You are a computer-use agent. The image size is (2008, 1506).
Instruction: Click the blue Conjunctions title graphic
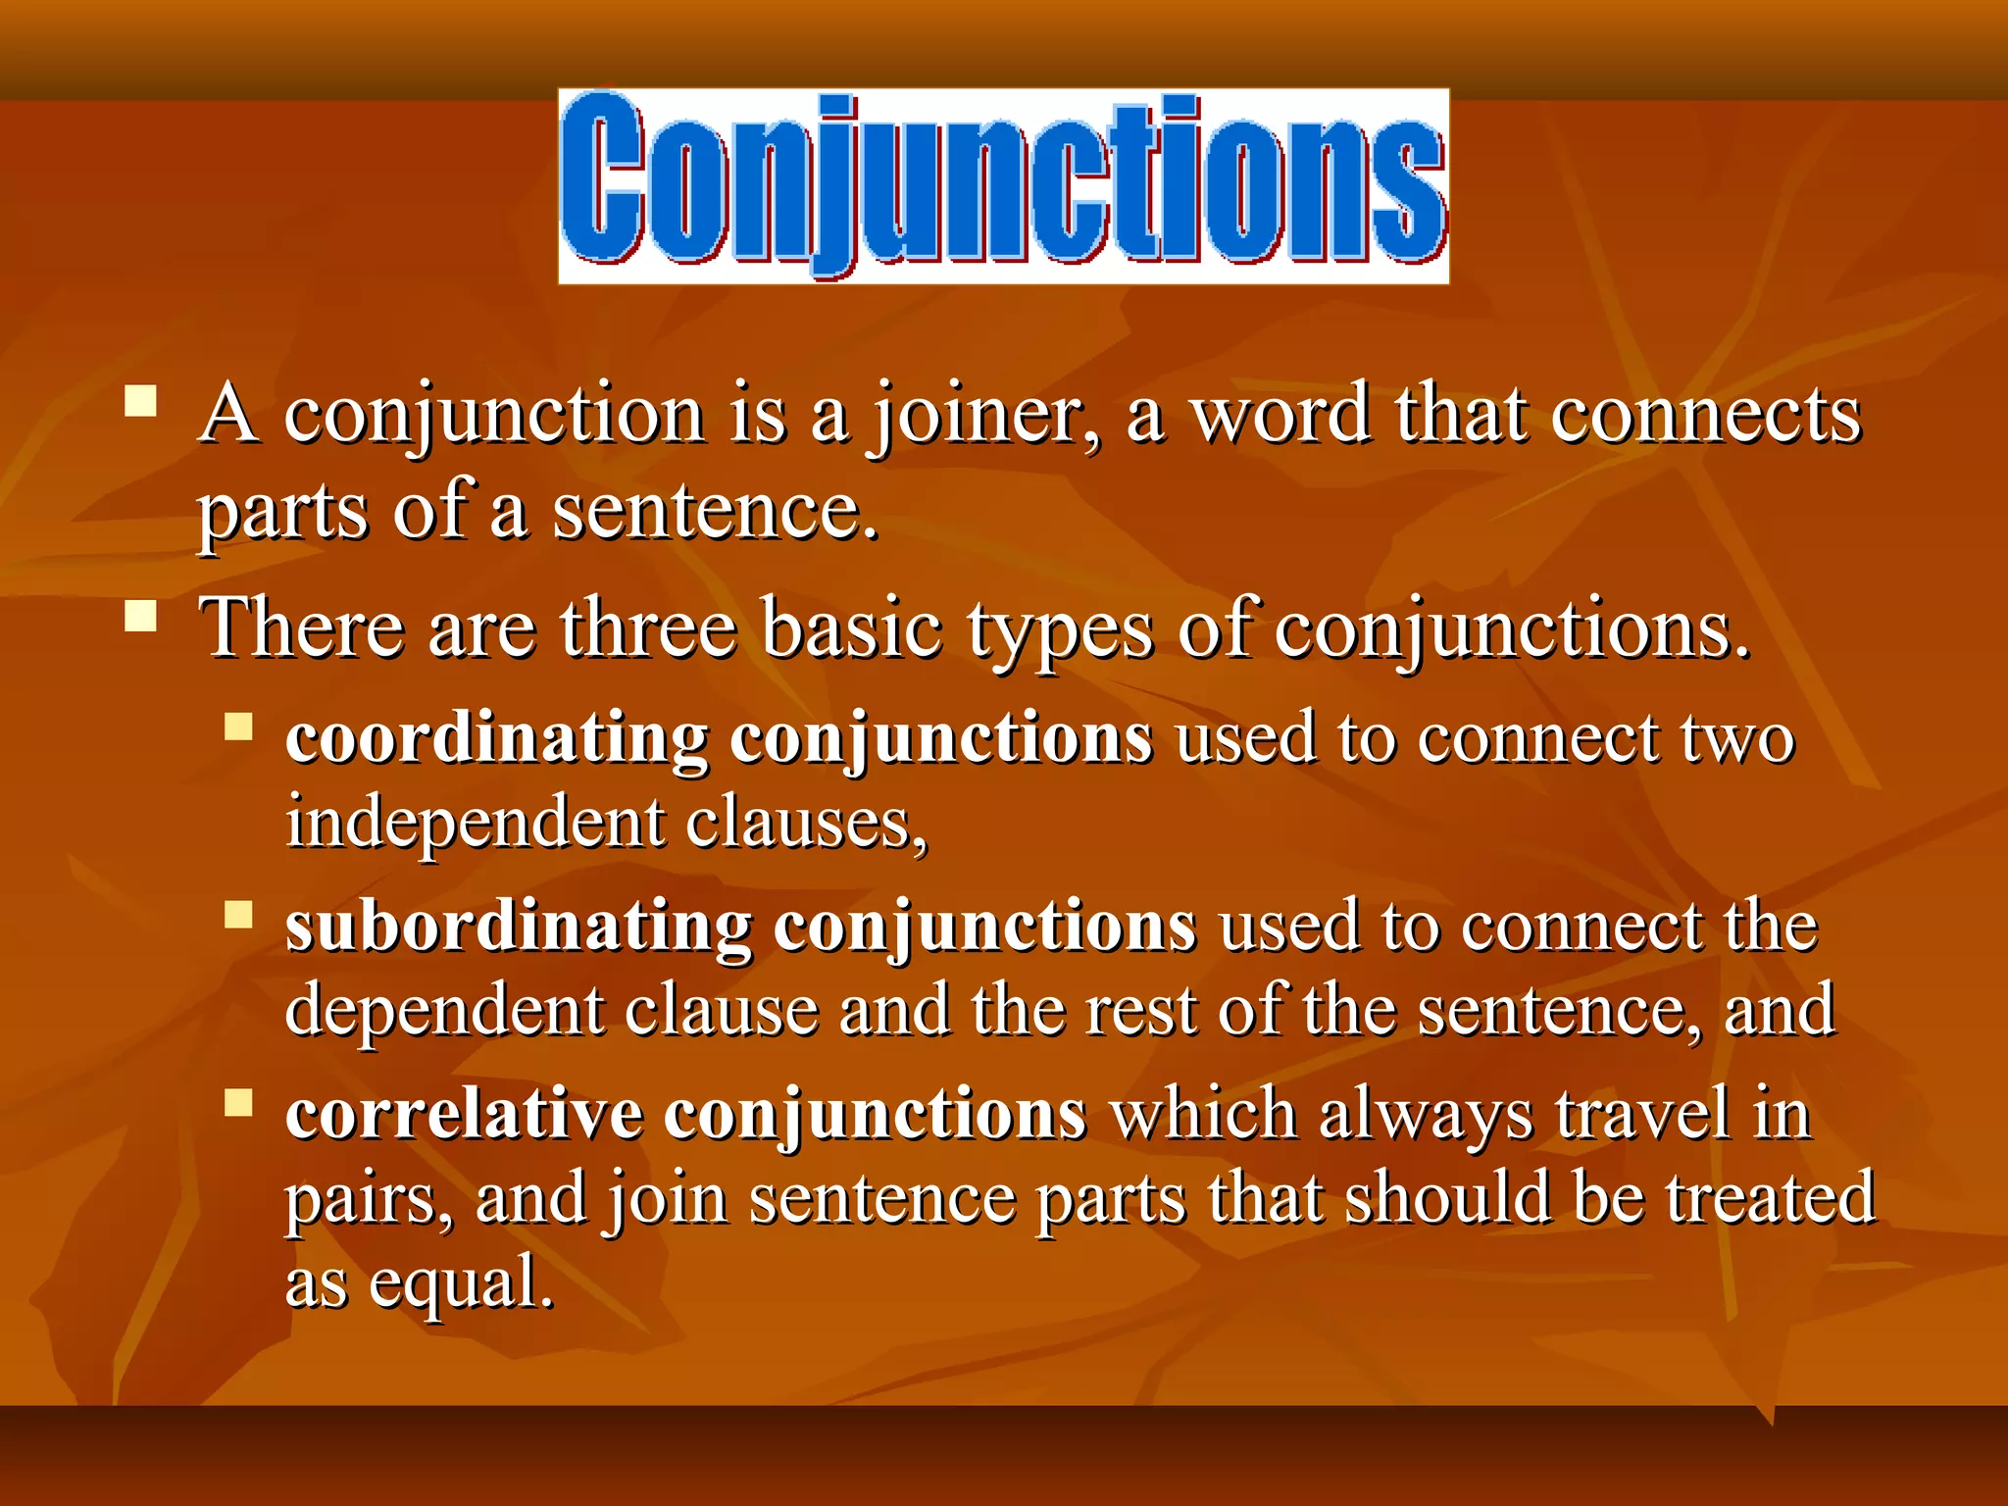[x=1003, y=186]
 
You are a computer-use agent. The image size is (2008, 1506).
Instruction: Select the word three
[x=648, y=629]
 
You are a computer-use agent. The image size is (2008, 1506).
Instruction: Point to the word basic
[x=852, y=629]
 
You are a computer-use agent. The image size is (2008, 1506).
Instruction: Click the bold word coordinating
[x=497, y=740]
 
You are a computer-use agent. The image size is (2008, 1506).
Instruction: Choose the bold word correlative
[x=464, y=1116]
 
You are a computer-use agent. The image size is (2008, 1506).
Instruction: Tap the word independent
[x=475, y=823]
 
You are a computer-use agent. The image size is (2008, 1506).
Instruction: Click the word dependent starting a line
[x=443, y=1011]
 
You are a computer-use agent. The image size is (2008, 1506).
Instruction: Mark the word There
[x=301, y=629]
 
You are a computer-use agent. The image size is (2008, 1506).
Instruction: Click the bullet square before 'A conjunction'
[x=141, y=402]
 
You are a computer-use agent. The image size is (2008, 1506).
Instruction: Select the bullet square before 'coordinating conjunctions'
[x=238, y=727]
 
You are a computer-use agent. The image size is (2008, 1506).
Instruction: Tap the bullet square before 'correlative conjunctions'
[x=238, y=1103]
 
